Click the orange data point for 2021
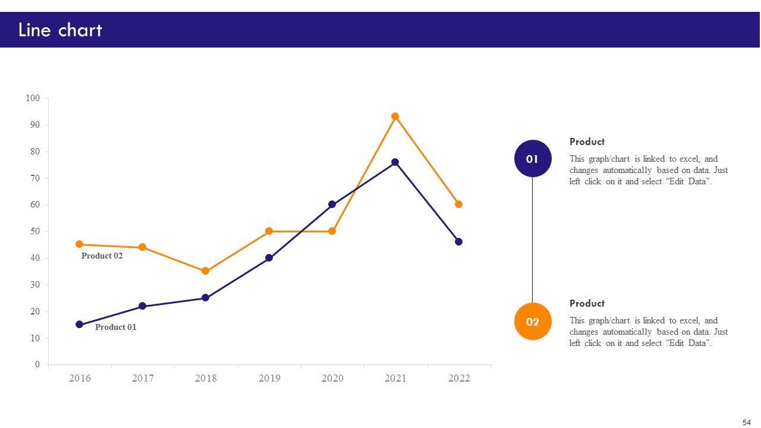coord(395,117)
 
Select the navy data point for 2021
coord(395,162)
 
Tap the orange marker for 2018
coord(206,271)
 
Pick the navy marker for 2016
coord(80,325)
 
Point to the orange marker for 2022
coord(458,204)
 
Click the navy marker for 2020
coord(332,204)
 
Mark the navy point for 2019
coord(269,258)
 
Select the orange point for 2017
coord(143,247)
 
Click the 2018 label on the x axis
coord(206,378)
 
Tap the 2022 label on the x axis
coord(458,378)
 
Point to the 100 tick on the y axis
coord(33,98)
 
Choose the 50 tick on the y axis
coord(35,231)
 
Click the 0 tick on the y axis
coord(37,364)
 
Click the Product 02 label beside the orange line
coord(102,256)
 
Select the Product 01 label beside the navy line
coord(115,327)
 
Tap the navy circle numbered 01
coord(533,159)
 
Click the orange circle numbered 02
coord(533,322)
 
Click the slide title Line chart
coord(60,30)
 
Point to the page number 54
coord(747,423)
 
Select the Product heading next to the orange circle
coord(587,303)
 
